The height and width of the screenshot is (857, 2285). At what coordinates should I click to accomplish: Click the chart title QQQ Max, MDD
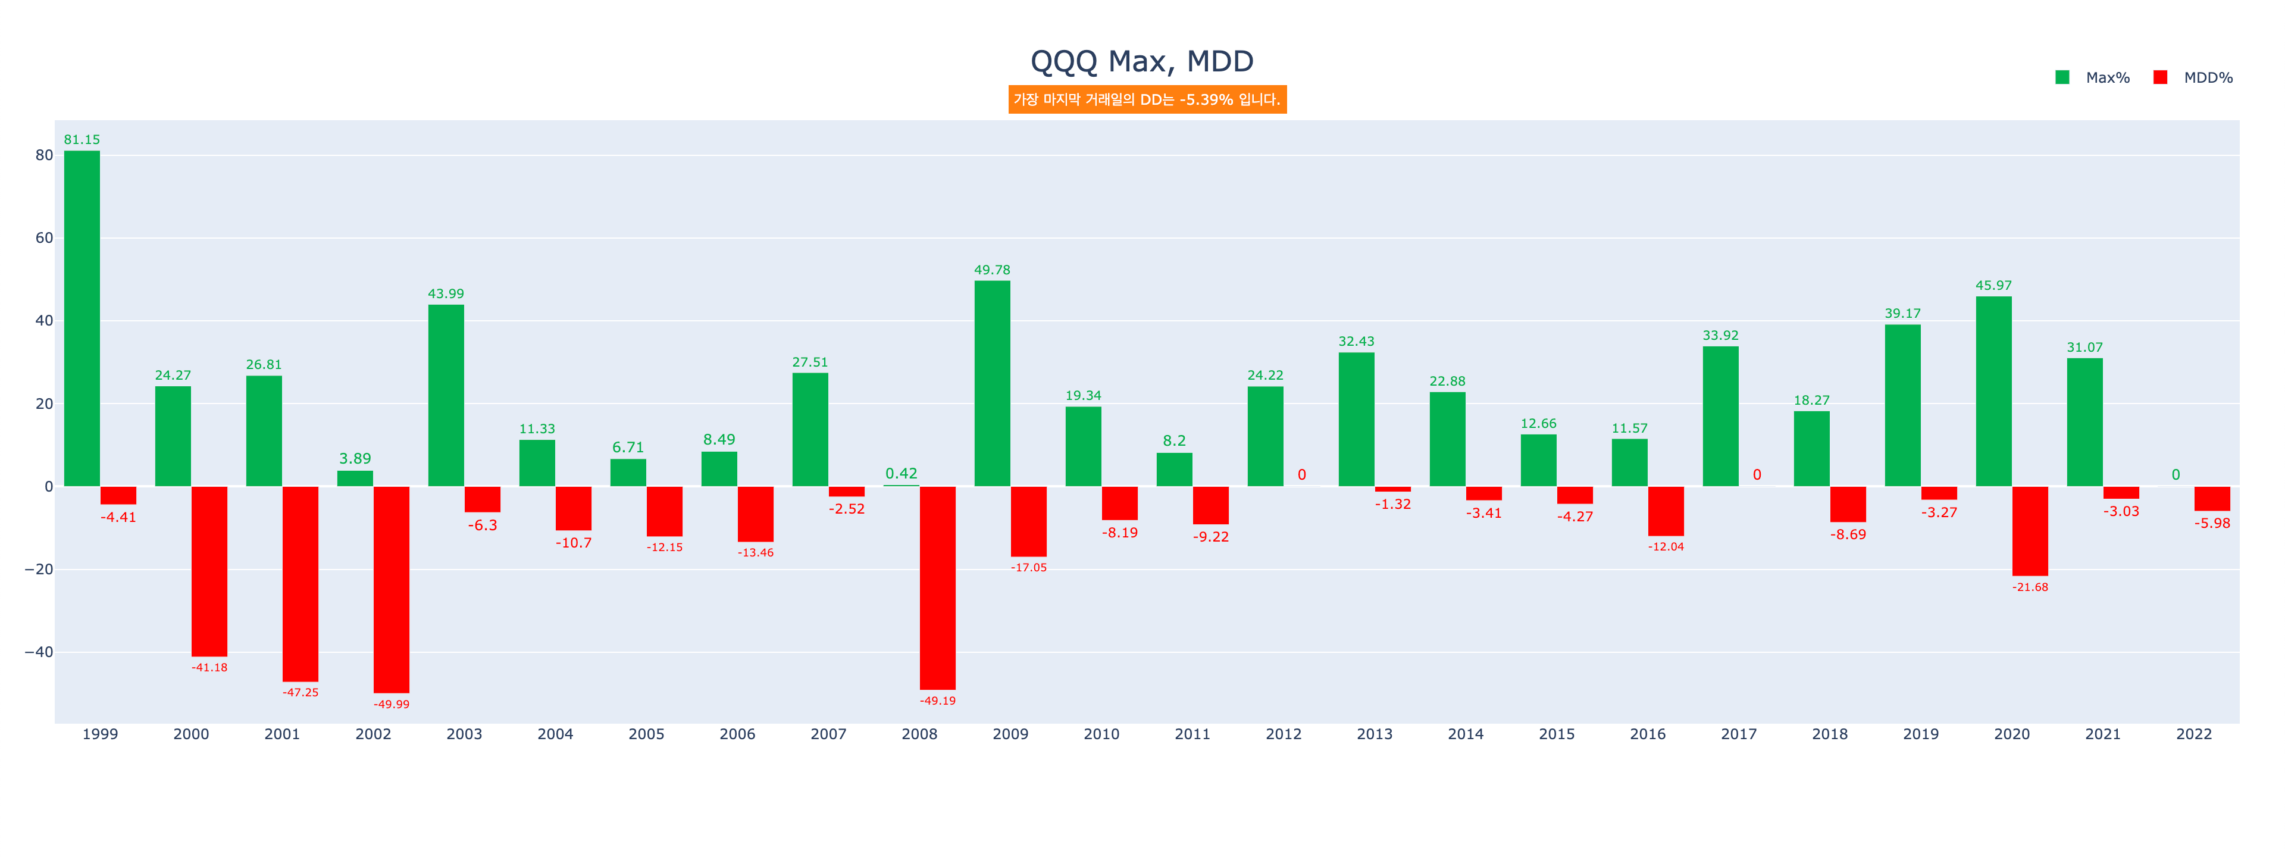[1142, 61]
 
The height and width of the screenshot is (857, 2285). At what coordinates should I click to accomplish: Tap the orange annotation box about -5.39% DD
[1147, 99]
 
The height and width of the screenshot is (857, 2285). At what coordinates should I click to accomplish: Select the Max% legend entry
[2093, 78]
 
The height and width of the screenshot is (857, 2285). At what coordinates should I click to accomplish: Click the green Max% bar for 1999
[82, 320]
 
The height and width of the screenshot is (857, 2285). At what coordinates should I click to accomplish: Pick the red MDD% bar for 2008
[938, 587]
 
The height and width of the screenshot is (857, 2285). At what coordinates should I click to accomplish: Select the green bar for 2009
[992, 383]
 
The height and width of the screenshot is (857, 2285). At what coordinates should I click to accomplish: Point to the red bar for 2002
[391, 589]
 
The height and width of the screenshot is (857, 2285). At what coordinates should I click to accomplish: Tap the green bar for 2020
[1993, 391]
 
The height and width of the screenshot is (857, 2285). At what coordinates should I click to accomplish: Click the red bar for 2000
[209, 571]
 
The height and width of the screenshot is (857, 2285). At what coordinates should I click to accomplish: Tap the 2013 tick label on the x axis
[1374, 734]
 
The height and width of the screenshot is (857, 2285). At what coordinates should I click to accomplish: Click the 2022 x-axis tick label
[2193, 734]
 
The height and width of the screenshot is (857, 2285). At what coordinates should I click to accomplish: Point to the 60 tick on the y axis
[43, 238]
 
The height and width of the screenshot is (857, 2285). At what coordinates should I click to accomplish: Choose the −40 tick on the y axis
[38, 652]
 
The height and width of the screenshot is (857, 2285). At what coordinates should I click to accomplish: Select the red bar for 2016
[1666, 511]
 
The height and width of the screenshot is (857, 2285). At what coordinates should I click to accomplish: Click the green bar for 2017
[1720, 416]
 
